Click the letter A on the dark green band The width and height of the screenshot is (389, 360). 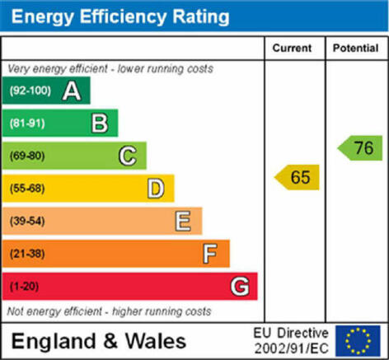(72, 91)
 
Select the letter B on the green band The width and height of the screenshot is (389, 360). (100, 124)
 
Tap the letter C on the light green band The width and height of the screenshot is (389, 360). (128, 156)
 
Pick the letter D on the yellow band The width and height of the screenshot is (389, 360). (156, 189)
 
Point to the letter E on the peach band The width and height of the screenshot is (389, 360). (183, 221)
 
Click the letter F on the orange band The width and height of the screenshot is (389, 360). (210, 254)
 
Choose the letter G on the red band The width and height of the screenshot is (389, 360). (240, 287)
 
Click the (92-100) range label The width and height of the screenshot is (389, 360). (30, 91)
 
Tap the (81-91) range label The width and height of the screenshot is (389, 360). (27, 124)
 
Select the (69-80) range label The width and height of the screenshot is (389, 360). (27, 156)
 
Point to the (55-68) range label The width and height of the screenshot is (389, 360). (27, 189)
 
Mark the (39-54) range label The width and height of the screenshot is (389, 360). (27, 221)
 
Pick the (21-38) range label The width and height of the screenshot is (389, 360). (27, 254)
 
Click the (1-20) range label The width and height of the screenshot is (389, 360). (24, 287)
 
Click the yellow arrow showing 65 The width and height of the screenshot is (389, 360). (297, 177)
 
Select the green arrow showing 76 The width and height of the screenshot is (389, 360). (360, 148)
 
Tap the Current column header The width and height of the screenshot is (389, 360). (292, 48)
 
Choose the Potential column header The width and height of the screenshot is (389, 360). (356, 48)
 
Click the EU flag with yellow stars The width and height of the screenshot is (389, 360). (358, 341)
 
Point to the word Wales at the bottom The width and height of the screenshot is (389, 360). (156, 341)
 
